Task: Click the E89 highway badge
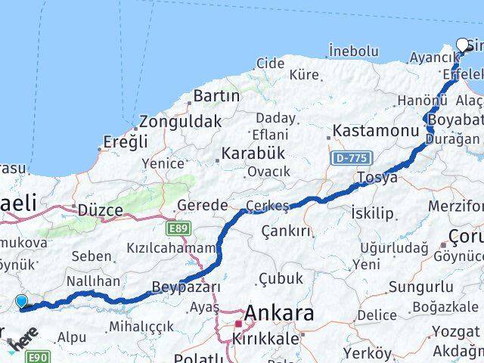click(179, 227)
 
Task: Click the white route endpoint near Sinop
click(463, 45)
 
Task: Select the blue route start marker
click(21, 301)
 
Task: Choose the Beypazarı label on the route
click(186, 287)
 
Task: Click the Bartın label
click(216, 96)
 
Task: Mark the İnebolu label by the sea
click(353, 51)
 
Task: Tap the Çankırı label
click(286, 231)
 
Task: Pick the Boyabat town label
click(455, 120)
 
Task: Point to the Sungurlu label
click(421, 287)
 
